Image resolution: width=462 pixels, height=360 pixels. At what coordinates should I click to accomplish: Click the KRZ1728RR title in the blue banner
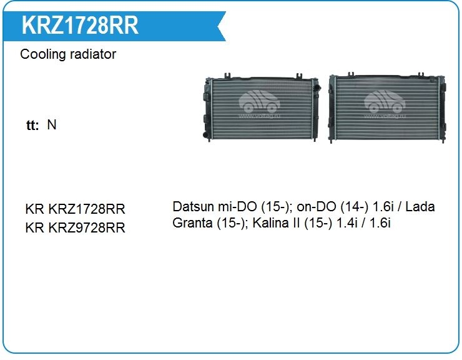point(80,26)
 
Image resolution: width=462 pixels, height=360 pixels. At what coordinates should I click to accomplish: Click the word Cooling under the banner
point(42,54)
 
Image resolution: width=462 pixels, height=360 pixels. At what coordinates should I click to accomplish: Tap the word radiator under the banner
point(93,54)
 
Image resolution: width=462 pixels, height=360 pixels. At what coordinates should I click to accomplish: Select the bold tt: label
point(32,125)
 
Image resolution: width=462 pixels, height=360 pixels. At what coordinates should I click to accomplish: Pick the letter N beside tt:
point(52,125)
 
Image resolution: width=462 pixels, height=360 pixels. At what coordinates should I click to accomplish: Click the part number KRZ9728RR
point(87,227)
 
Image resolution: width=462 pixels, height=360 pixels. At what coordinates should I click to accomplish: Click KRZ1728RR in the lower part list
point(87,209)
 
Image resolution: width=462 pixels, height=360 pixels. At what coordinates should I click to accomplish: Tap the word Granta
point(192,223)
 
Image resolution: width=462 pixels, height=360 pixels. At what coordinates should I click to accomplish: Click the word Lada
point(420,206)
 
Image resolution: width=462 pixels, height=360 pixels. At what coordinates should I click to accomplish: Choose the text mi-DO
point(237,206)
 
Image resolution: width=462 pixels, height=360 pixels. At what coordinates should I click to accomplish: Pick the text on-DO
point(316,206)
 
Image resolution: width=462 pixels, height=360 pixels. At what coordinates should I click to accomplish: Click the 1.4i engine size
point(346,223)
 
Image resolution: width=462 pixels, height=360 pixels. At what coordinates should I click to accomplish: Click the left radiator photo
point(262,107)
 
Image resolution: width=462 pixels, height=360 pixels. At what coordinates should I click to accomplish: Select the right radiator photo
point(387,107)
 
